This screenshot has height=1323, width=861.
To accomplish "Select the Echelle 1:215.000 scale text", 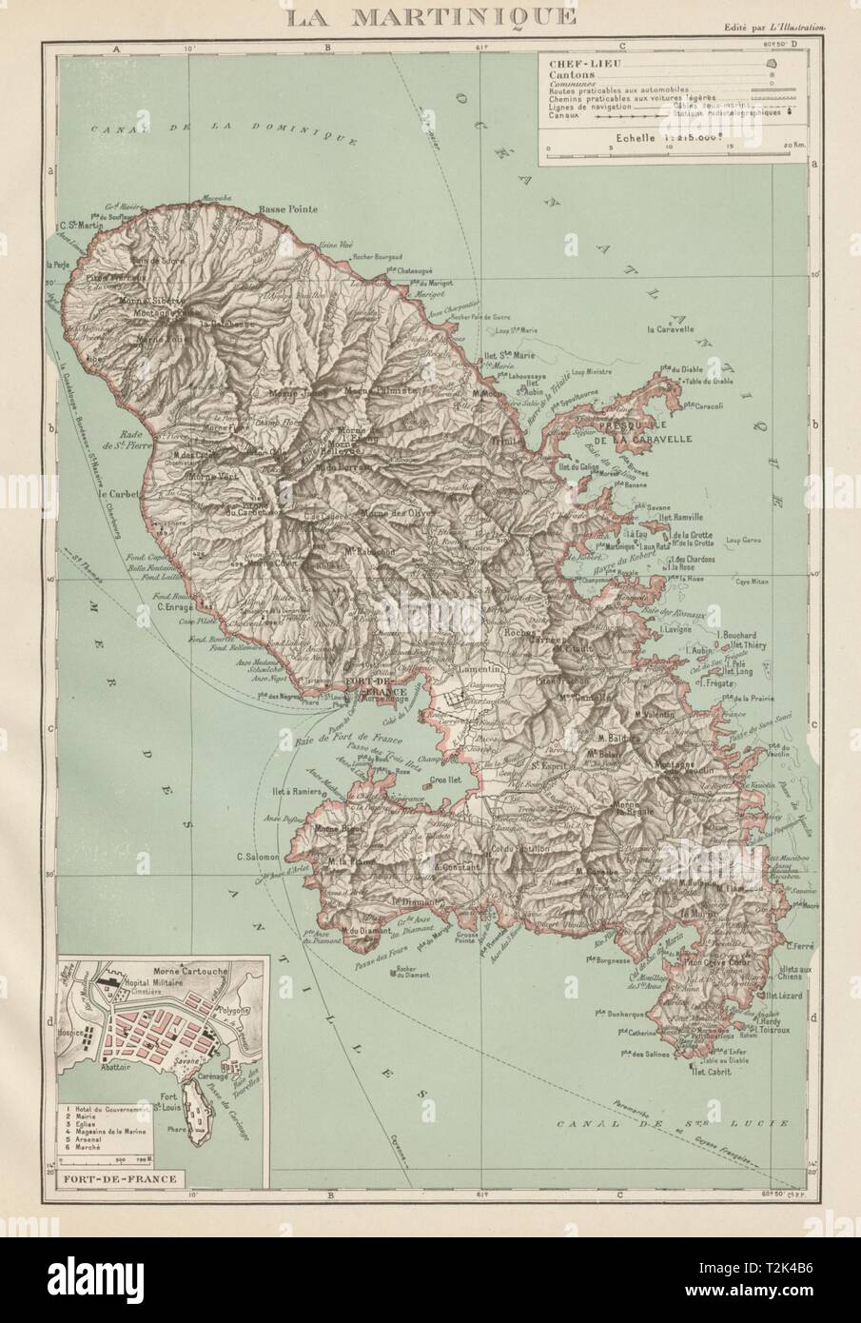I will pyautogui.click(x=660, y=136).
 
